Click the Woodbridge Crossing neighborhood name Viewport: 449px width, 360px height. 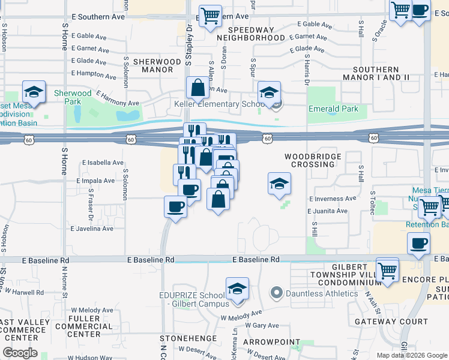(316, 160)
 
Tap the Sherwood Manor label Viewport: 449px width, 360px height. (157, 65)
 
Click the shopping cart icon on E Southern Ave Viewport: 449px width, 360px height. (210, 16)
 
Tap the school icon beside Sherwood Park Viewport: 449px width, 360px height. (34, 91)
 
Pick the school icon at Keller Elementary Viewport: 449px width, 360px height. (269, 92)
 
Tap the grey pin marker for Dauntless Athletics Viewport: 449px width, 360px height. (276, 293)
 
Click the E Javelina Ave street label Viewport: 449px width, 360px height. (92, 229)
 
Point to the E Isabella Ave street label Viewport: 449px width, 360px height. (103, 163)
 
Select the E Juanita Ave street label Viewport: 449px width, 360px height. (327, 211)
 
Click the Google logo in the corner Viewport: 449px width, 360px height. (20, 352)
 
